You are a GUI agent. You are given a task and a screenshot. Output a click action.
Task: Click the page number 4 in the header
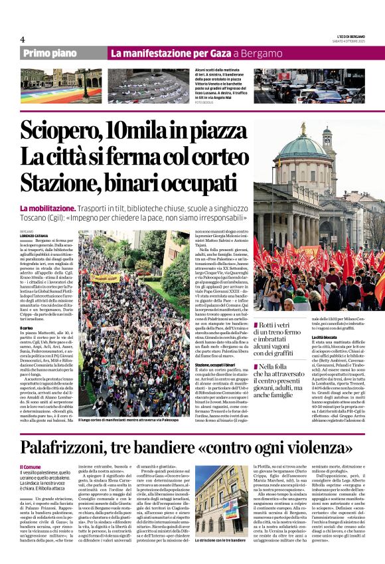pyautogui.click(x=23, y=39)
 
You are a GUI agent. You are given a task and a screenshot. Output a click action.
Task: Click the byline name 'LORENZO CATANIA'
pyautogui.click(x=34, y=236)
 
